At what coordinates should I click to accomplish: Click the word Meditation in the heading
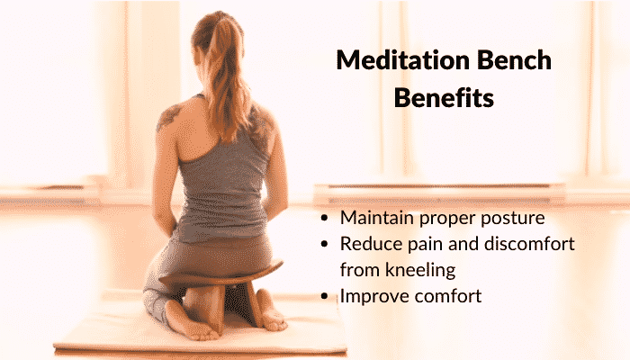pyautogui.click(x=403, y=60)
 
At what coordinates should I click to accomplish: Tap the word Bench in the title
pyautogui.click(x=514, y=60)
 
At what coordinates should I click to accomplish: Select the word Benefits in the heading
pyautogui.click(x=444, y=97)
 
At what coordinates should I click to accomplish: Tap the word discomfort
pyautogui.click(x=529, y=244)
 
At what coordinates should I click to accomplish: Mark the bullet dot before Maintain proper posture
pyautogui.click(x=325, y=219)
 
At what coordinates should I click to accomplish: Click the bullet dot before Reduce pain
pyautogui.click(x=325, y=245)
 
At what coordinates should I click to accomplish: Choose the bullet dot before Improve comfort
pyautogui.click(x=325, y=297)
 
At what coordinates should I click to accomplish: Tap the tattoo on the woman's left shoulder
pyautogui.click(x=169, y=115)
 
